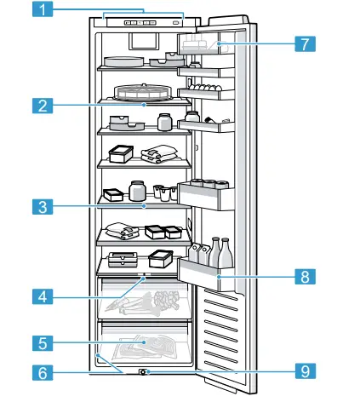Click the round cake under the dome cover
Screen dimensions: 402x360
142,94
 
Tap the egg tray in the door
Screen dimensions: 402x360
205,87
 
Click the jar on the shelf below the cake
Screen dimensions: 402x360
164,122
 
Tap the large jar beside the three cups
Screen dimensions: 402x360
136,190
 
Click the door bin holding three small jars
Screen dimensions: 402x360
209,193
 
